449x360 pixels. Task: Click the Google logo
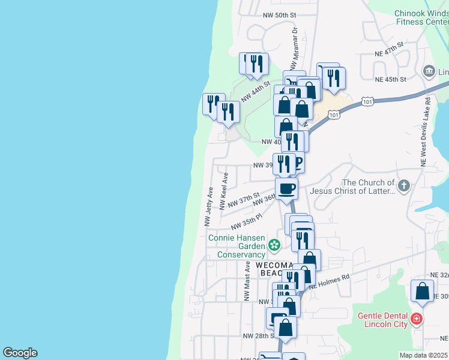[20, 353]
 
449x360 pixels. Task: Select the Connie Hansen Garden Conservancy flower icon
[274, 244]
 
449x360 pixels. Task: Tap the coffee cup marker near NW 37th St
[286, 188]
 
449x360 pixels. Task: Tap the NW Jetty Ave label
[208, 206]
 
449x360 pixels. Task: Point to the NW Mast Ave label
[246, 281]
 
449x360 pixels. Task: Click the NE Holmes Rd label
[329, 283]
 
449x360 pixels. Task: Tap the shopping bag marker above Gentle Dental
[422, 291]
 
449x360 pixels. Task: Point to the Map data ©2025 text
[423, 355]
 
